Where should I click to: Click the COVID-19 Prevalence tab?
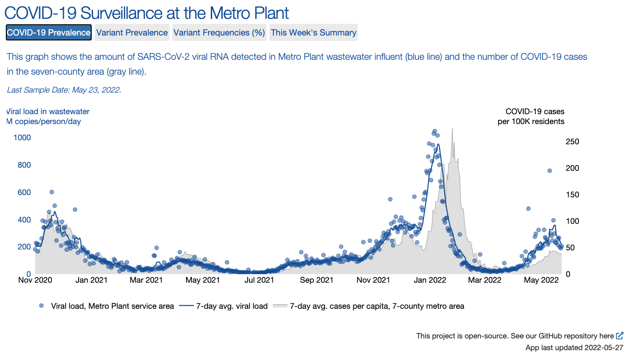pyautogui.click(x=49, y=32)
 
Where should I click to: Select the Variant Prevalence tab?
pyautogui.click(x=132, y=32)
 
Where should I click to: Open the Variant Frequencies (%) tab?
pyautogui.click(x=219, y=32)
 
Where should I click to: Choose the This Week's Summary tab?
pyautogui.click(x=313, y=32)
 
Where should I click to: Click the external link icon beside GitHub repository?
pyautogui.click(x=620, y=336)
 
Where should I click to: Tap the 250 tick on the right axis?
pyautogui.click(x=573, y=142)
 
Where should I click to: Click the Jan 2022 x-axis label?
pyautogui.click(x=430, y=280)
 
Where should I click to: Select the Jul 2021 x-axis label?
pyautogui.click(x=259, y=280)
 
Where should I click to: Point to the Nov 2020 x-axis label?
pyautogui.click(x=35, y=280)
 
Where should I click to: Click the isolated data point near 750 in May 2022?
pyautogui.click(x=549, y=170)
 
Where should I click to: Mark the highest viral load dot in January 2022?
pyautogui.click(x=434, y=131)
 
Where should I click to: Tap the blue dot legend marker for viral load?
pyautogui.click(x=42, y=306)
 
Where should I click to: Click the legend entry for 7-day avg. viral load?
pyautogui.click(x=223, y=306)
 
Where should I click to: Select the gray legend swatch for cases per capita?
pyautogui.click(x=280, y=306)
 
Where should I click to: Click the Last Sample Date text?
pyautogui.click(x=64, y=90)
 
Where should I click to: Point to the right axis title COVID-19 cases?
pyautogui.click(x=535, y=111)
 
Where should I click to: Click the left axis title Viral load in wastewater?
pyautogui.click(x=48, y=111)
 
